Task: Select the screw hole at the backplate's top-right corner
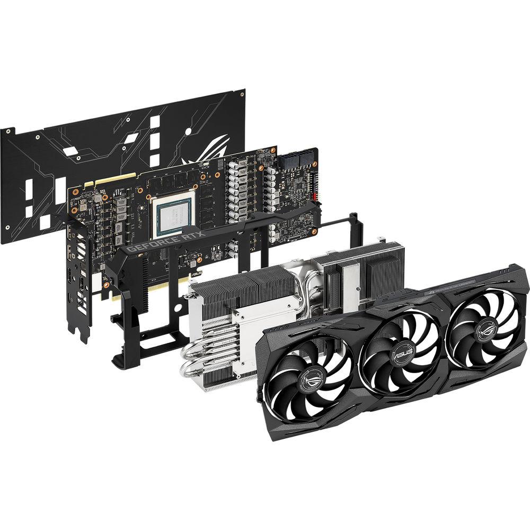(x=242, y=94)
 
